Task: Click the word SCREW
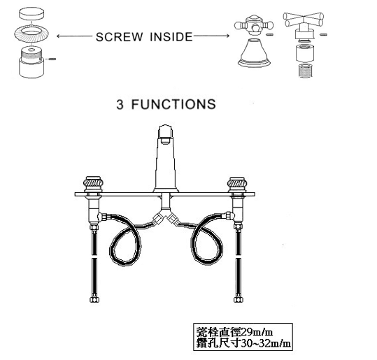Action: (x=119, y=37)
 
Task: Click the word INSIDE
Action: (x=171, y=37)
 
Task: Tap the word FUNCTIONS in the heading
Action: (x=173, y=104)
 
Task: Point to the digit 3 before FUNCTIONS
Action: (x=120, y=105)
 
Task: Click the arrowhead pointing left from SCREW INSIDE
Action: (x=59, y=36)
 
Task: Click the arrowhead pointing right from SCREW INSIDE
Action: (x=227, y=36)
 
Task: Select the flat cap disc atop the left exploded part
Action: (x=31, y=14)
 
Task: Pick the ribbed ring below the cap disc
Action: (x=31, y=34)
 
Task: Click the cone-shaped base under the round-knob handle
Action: (x=254, y=53)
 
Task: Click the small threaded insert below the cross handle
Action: (x=306, y=71)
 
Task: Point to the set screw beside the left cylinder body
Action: (x=52, y=59)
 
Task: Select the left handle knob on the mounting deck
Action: (x=93, y=184)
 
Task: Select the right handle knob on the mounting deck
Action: (x=237, y=184)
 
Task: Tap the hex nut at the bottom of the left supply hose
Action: (x=94, y=299)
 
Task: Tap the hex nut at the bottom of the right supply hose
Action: (x=239, y=299)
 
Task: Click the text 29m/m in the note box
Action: (x=257, y=332)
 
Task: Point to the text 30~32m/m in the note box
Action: (x=266, y=343)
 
